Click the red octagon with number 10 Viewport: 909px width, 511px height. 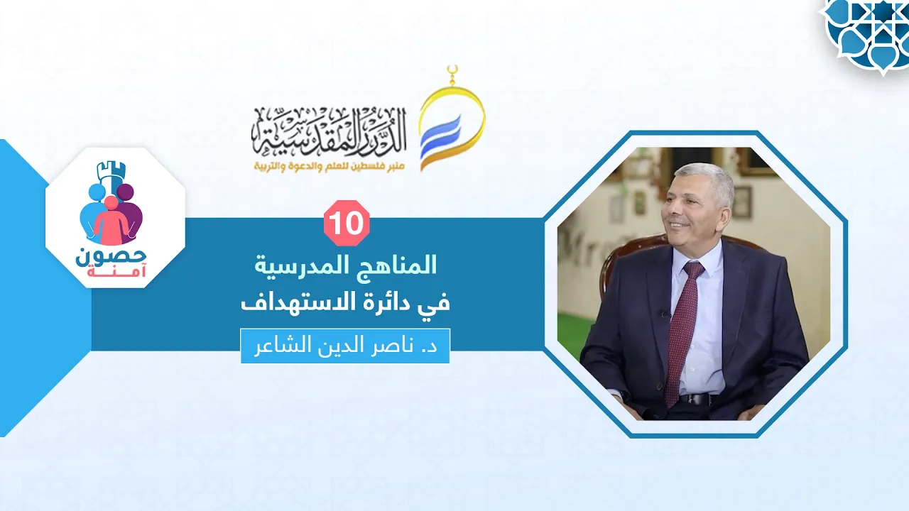click(x=347, y=223)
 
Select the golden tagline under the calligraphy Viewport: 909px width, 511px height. click(x=330, y=167)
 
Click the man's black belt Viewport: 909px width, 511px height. click(x=697, y=399)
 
